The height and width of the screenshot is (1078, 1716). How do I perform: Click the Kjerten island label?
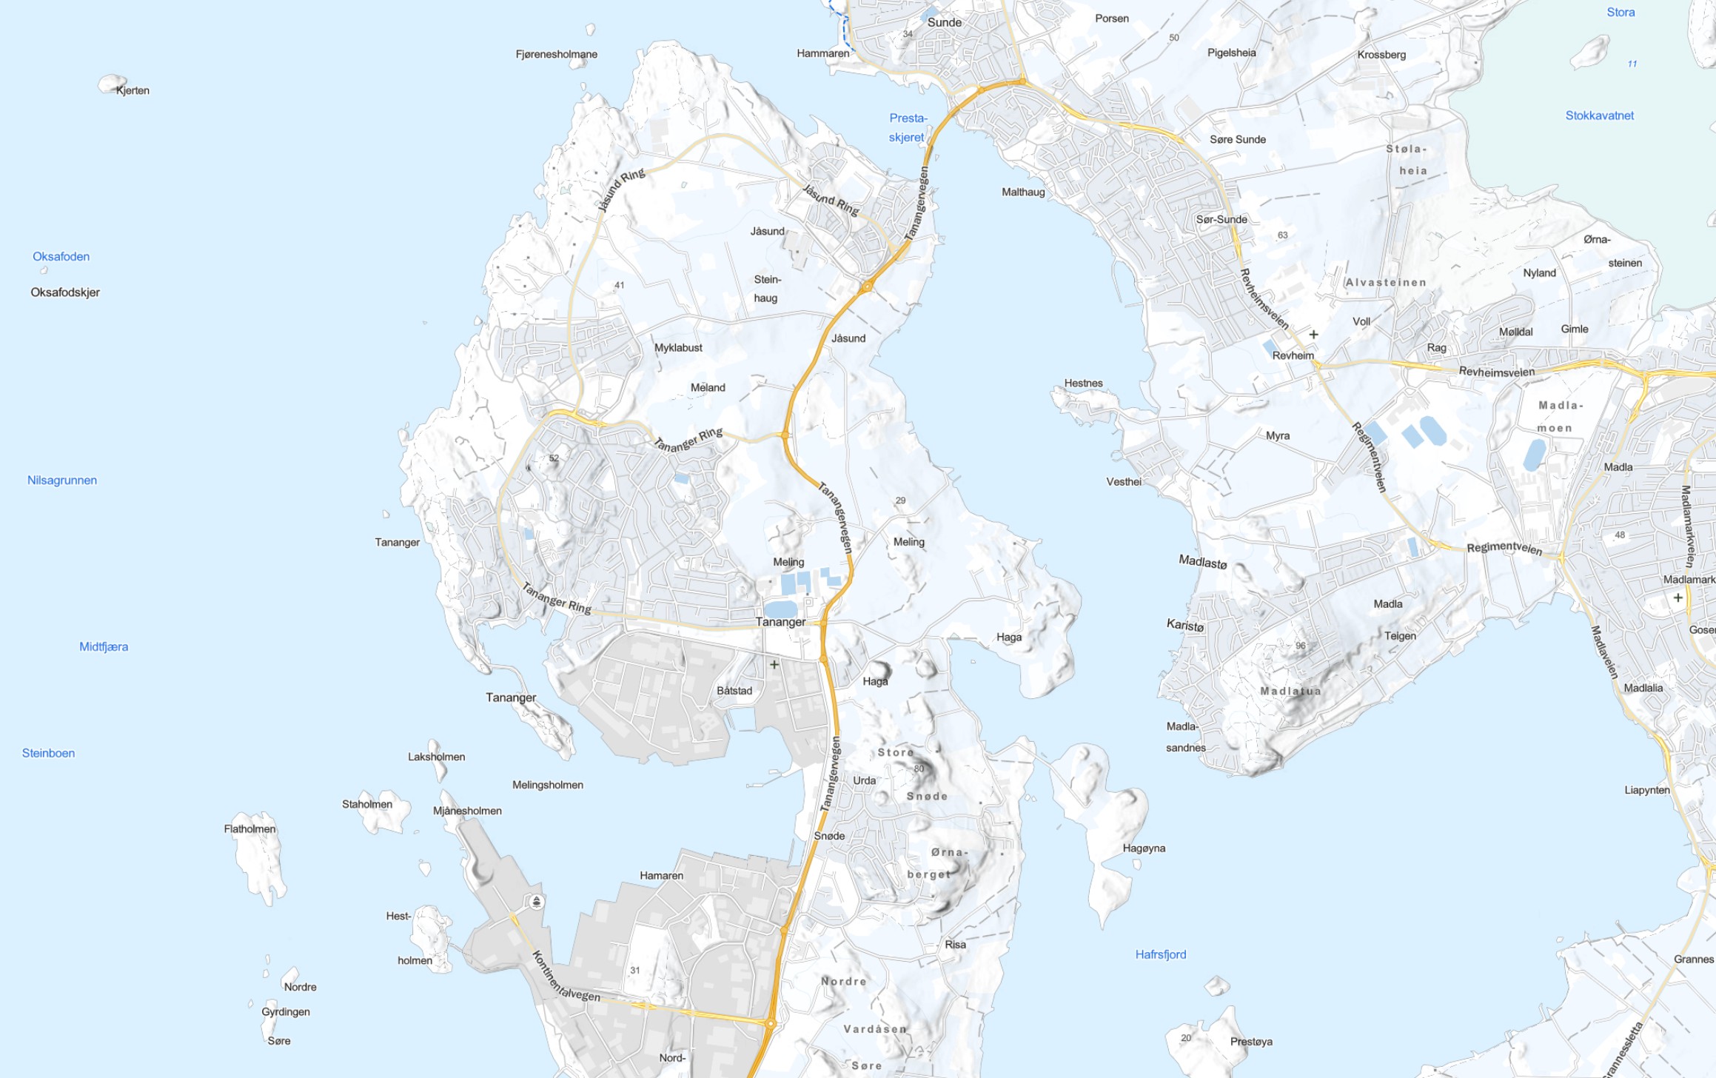(133, 90)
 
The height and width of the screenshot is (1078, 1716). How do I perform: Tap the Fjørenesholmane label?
(556, 54)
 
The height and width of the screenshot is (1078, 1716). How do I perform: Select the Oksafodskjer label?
(65, 292)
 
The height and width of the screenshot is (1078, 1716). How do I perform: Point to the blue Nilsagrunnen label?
(62, 481)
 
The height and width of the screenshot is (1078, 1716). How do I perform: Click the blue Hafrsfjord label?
(1160, 954)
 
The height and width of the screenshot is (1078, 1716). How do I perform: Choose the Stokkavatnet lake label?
(1599, 115)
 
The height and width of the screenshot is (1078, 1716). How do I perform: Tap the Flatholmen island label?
(249, 828)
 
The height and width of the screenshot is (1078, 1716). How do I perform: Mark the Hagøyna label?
(1144, 848)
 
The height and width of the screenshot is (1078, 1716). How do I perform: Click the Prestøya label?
(1251, 1042)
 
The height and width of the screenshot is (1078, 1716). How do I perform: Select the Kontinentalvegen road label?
(566, 978)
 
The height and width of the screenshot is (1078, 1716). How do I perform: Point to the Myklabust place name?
(678, 347)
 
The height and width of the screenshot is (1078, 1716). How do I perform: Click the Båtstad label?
(734, 691)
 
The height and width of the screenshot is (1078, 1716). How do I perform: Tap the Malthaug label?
(1023, 192)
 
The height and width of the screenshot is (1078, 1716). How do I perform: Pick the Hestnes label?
(1083, 383)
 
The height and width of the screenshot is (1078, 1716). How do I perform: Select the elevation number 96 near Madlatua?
(1301, 646)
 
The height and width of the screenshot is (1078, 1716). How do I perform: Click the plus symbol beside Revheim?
(1313, 335)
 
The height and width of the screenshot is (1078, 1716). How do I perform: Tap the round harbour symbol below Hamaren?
(537, 901)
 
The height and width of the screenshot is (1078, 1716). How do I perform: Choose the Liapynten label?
(1646, 790)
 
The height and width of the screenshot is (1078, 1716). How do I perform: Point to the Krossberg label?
(1381, 55)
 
